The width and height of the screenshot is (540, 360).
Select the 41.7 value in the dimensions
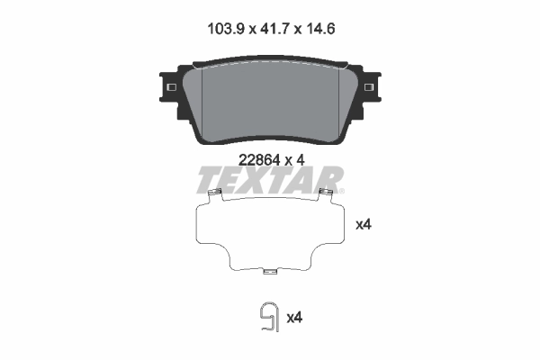pos(270,29)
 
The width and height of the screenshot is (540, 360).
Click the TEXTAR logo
pos(269,181)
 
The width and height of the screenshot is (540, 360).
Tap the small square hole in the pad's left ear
pos(169,86)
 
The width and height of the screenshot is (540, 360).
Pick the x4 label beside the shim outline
pos(364,224)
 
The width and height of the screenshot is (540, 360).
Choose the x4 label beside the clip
pos(293,317)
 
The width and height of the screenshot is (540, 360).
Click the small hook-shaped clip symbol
pos(267,317)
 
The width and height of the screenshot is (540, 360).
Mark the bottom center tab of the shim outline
pos(270,267)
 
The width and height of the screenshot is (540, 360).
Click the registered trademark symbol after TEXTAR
pos(340,190)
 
